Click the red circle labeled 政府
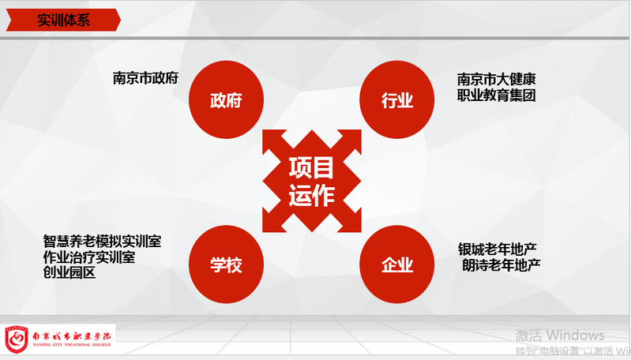pos(226,99)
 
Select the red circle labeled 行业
pos(396,99)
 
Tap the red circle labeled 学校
pos(226,264)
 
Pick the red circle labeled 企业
pos(396,264)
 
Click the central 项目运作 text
pos(311,182)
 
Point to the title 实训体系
pos(64,20)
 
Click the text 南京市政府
pos(145,77)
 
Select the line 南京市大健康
pos(496,79)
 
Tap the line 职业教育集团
pos(496,96)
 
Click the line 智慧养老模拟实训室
pos(102,242)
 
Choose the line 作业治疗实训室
pos(89,257)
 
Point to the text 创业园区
pos(69,272)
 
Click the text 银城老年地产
pos(497,249)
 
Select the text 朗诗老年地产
pos(501,265)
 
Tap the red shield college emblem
pos(16,339)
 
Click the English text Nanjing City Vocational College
pos(72,345)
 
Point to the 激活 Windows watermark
pos(560,335)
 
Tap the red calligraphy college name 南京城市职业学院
pos(72,336)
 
